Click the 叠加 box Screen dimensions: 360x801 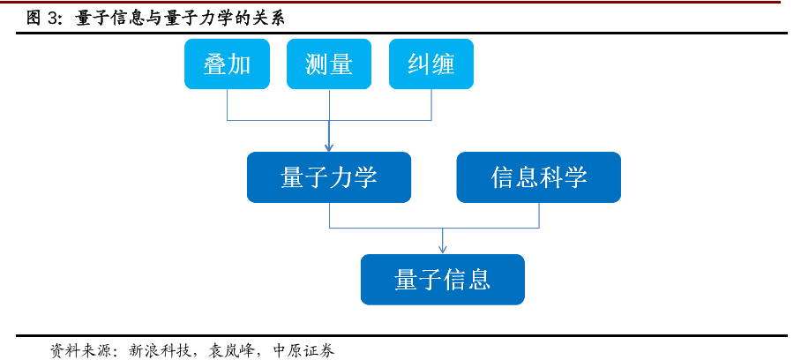pos(227,64)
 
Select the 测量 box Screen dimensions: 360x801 pos(329,64)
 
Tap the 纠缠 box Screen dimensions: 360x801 pos(431,64)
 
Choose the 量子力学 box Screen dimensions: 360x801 pos(329,177)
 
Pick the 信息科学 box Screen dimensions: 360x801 pos(539,177)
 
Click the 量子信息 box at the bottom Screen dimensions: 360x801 pos(443,280)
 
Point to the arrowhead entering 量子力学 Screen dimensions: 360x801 pos(329,146)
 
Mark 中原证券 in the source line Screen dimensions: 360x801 pos(304,350)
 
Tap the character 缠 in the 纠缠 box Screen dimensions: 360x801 pos(444,64)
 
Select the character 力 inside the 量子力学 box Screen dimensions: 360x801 pos(341,177)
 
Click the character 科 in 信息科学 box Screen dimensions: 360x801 pos(551,177)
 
